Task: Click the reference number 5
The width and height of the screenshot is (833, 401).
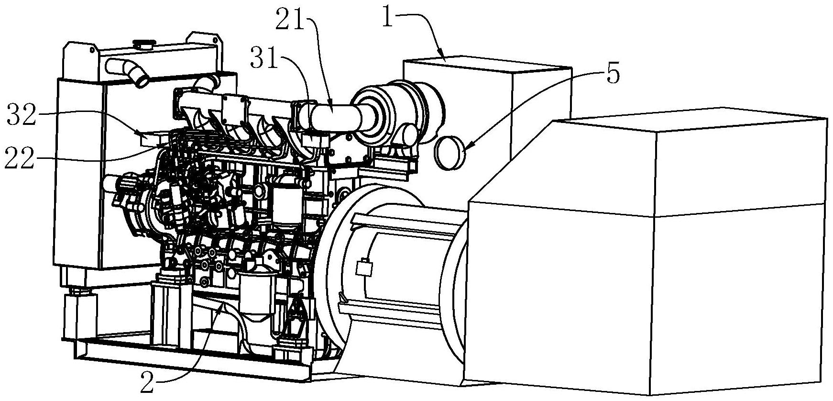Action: [613, 74]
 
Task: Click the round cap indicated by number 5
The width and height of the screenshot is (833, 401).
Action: [450, 153]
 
